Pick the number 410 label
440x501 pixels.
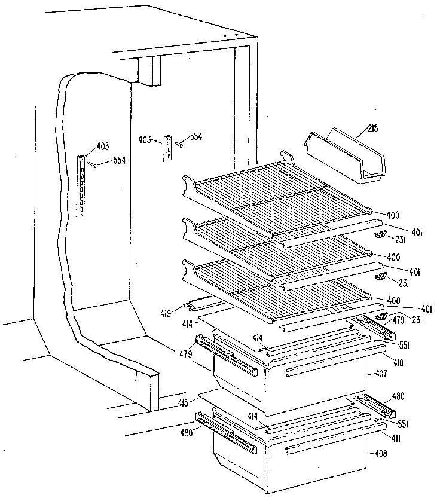pyautogui.click(x=380, y=361)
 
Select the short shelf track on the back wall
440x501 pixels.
pyautogui.click(x=169, y=149)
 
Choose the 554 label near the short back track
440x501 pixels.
pyautogui.click(x=195, y=137)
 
